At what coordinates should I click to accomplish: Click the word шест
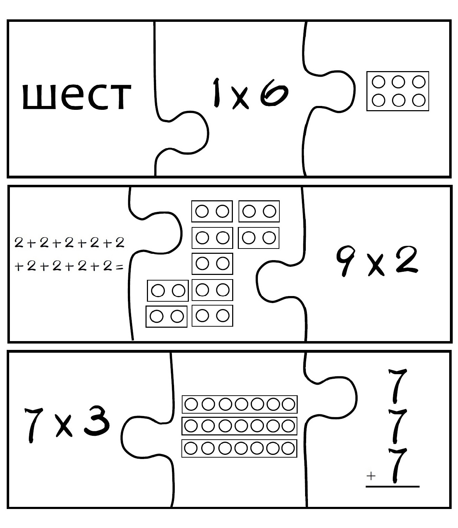pyautogui.click(x=76, y=96)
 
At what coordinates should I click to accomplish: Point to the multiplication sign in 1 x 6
pyautogui.click(x=240, y=98)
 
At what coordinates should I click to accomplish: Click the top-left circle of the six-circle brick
pyautogui.click(x=379, y=82)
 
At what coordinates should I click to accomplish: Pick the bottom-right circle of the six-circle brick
pyautogui.click(x=419, y=101)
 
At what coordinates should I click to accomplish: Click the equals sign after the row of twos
pyautogui.click(x=120, y=267)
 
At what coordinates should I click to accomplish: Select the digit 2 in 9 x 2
pyautogui.click(x=406, y=260)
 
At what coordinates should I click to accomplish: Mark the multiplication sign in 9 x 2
pyautogui.click(x=376, y=266)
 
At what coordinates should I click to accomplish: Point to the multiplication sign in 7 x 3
pyautogui.click(x=64, y=427)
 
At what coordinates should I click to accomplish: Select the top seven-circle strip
pyautogui.click(x=240, y=404)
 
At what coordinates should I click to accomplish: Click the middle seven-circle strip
pyautogui.click(x=240, y=426)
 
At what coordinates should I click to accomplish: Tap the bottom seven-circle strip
pyautogui.click(x=240, y=448)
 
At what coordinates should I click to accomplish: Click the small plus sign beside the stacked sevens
pyautogui.click(x=371, y=476)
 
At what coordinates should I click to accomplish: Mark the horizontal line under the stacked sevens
pyautogui.click(x=392, y=486)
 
